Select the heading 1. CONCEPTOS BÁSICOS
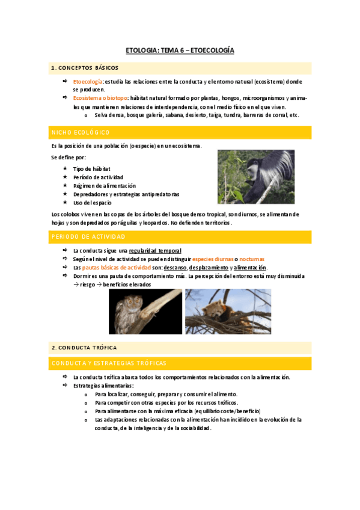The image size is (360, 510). pos(85,68)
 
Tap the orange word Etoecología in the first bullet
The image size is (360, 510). pos(88,82)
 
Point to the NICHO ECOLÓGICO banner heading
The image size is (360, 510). pos(81,132)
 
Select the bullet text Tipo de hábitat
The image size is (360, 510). pos(91,169)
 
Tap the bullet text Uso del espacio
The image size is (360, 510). pos(92,203)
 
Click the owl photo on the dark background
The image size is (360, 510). pos(145,311)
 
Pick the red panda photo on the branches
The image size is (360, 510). pos(228,311)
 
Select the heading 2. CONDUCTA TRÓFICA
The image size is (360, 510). pos(84,348)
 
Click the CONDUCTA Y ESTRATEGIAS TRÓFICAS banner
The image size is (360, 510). pos(109,363)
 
